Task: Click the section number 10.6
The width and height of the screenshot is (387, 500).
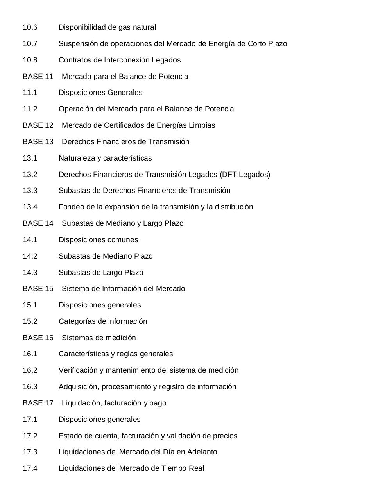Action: (30, 27)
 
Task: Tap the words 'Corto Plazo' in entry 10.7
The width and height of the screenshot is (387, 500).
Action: (267, 44)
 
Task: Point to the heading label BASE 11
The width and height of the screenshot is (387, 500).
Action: (38, 77)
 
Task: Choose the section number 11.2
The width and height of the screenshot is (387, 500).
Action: (30, 109)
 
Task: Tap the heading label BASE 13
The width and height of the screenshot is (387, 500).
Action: (38, 142)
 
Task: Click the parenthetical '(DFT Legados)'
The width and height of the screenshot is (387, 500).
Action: (245, 175)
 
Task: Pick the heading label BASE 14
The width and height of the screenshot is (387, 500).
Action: (38, 223)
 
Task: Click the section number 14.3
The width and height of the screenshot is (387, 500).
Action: (30, 273)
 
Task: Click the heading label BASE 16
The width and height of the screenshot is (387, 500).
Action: (38, 338)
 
